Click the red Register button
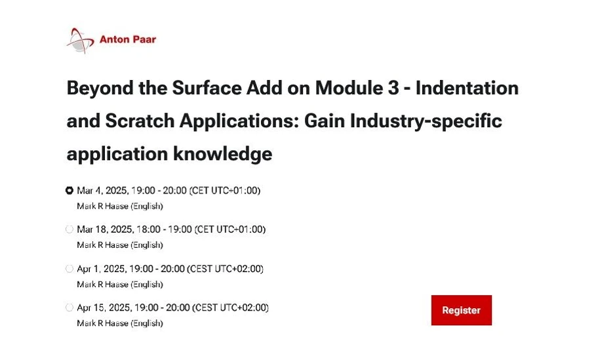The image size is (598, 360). (461, 310)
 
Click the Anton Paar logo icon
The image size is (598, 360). (81, 41)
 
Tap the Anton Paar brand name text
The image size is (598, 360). (127, 40)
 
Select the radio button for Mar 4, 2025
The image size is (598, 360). (70, 191)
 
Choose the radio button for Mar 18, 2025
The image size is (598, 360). (70, 230)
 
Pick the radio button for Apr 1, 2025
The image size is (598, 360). (70, 269)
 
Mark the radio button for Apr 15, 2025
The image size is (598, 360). (70, 308)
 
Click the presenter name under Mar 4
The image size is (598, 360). (103, 206)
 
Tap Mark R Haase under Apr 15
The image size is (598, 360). (103, 323)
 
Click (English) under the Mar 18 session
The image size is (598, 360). (147, 245)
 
